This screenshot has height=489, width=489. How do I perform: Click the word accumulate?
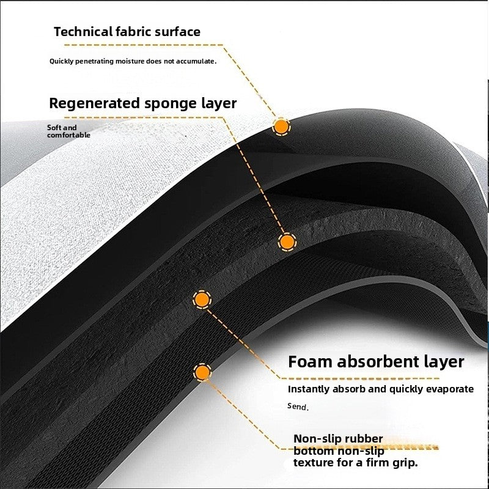(194, 61)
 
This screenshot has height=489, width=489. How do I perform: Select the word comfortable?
(68, 135)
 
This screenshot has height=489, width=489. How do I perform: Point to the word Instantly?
(310, 389)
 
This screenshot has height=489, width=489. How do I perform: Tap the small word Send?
(298, 406)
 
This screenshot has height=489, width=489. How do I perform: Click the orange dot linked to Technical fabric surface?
(281, 127)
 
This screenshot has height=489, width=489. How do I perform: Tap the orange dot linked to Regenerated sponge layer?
(286, 242)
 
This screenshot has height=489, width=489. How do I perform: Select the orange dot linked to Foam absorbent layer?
(201, 300)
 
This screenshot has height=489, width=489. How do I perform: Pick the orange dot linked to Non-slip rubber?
(202, 372)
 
